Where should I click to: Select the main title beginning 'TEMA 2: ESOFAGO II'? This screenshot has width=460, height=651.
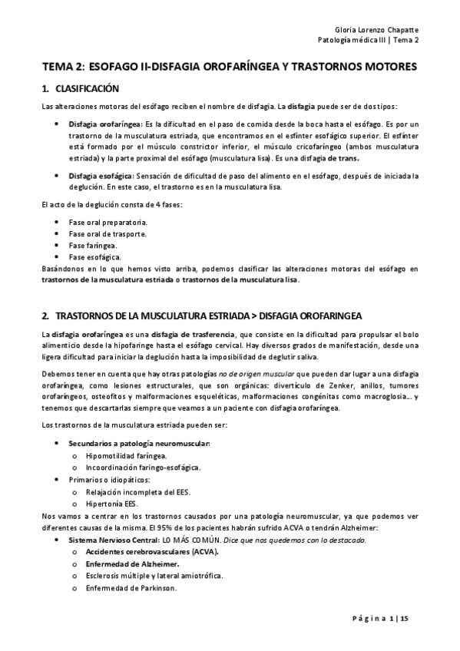229,68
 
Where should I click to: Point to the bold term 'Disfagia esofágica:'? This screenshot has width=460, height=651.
98,176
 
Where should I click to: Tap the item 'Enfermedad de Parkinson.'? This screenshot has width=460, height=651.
131,588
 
